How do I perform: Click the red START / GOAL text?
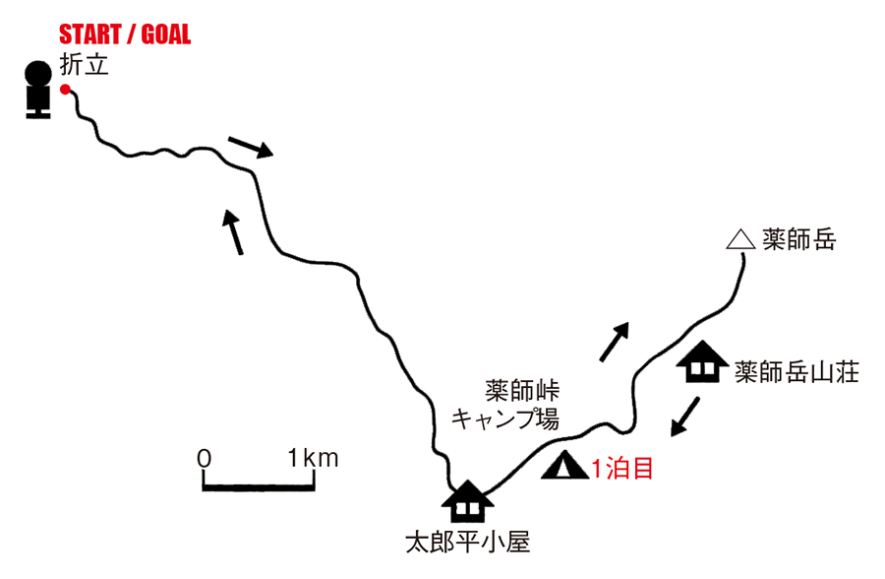click(125, 36)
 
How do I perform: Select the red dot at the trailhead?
click(65, 90)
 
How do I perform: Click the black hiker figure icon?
click(38, 91)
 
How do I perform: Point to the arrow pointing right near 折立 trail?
click(250, 148)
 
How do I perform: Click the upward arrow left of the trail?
click(234, 231)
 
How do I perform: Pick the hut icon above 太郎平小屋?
click(467, 501)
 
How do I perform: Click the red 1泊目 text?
click(621, 468)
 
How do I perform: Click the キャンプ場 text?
click(504, 418)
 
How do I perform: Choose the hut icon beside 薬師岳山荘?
click(702, 362)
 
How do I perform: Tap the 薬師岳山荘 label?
click(796, 371)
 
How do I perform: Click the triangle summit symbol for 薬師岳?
click(738, 239)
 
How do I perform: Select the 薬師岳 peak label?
click(798, 238)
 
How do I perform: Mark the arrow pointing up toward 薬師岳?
click(614, 342)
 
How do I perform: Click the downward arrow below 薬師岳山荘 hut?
click(684, 416)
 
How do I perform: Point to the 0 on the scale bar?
click(204, 457)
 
